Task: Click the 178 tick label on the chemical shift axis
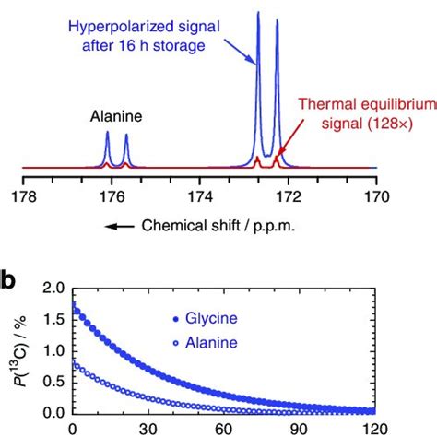22,195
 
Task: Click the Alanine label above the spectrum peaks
115,116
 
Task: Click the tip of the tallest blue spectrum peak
258,13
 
